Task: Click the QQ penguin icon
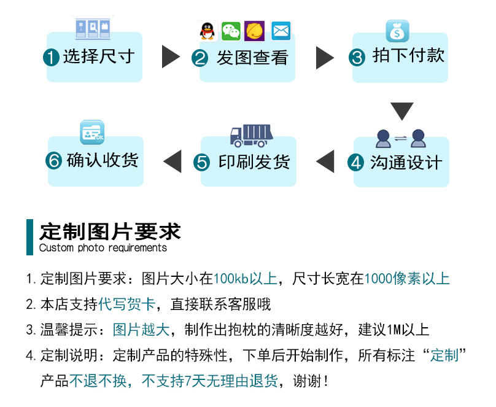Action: [x=207, y=31]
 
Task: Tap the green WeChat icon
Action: [x=231, y=31]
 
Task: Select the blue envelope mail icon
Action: [x=281, y=31]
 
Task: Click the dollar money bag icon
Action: [x=397, y=31]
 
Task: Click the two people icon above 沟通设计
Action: [x=401, y=138]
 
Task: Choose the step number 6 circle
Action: [x=54, y=161]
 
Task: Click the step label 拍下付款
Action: [x=408, y=56]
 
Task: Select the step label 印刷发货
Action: [x=254, y=162]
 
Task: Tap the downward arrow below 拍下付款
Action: [x=402, y=111]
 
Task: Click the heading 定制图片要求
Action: [x=110, y=232]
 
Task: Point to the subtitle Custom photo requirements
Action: [x=103, y=248]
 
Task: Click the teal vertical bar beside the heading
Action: [x=29, y=237]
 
